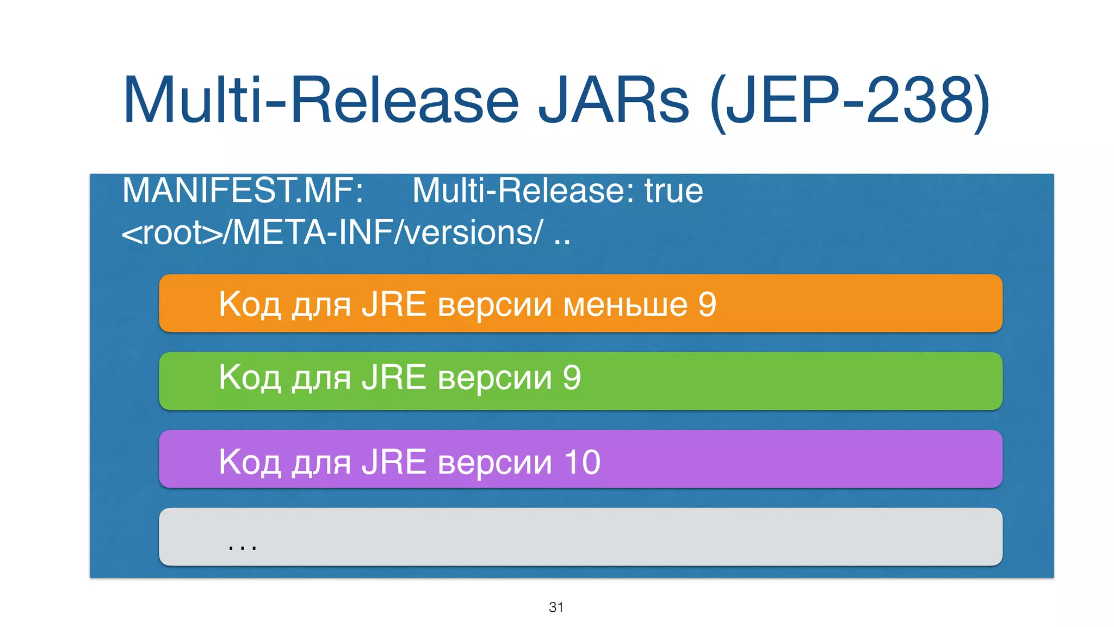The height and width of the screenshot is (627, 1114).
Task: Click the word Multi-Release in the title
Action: [321, 101]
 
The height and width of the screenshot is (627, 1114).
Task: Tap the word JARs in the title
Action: [614, 101]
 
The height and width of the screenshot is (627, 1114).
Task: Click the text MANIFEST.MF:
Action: [243, 190]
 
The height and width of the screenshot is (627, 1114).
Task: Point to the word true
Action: [673, 190]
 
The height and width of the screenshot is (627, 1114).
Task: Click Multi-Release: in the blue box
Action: [523, 190]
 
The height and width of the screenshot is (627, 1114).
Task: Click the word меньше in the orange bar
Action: [625, 305]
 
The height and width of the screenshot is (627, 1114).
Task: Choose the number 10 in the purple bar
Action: [582, 462]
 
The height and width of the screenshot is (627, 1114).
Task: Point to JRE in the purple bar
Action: [394, 462]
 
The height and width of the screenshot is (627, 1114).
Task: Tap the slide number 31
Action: [556, 607]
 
